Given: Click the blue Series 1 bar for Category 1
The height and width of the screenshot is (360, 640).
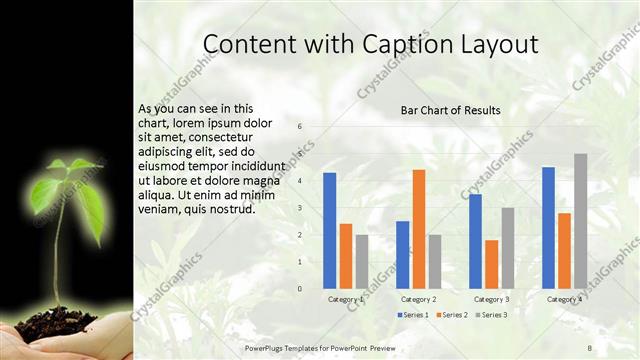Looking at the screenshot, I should point(329,231).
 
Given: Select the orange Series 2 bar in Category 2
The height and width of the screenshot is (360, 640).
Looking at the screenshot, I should point(418,229).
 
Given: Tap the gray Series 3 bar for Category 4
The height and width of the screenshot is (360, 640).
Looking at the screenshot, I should point(580,221).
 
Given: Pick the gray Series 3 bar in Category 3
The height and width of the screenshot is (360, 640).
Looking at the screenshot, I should point(507,248).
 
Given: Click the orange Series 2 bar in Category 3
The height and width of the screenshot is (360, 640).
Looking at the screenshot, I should point(491,264).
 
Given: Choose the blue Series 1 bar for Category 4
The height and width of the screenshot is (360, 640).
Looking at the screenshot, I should point(548,228).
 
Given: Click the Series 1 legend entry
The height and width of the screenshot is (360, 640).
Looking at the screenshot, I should point(413,315).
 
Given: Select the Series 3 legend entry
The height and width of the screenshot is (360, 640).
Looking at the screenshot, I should point(490,315).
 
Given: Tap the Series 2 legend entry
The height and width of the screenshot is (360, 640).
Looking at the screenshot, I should point(451,315).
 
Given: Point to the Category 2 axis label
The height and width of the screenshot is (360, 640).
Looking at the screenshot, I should point(418,299).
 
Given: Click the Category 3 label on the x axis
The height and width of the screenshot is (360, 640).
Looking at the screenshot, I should point(491,299).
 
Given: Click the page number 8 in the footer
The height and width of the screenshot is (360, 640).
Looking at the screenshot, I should point(590,346).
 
